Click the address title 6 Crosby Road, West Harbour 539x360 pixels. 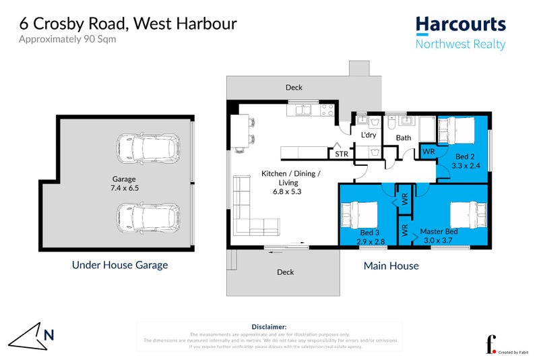point(128,24)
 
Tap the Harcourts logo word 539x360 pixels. point(460,25)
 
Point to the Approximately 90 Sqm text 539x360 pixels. point(67,39)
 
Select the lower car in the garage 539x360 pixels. point(147,217)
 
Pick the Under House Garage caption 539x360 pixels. point(120,265)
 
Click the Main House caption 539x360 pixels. point(391,266)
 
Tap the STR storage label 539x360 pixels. point(342,154)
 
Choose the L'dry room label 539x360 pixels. point(369,136)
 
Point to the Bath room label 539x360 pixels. point(403,138)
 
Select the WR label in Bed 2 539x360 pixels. point(429,152)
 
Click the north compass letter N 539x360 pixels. point(49,334)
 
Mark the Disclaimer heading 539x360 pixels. point(269,326)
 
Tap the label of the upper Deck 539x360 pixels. point(294,88)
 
